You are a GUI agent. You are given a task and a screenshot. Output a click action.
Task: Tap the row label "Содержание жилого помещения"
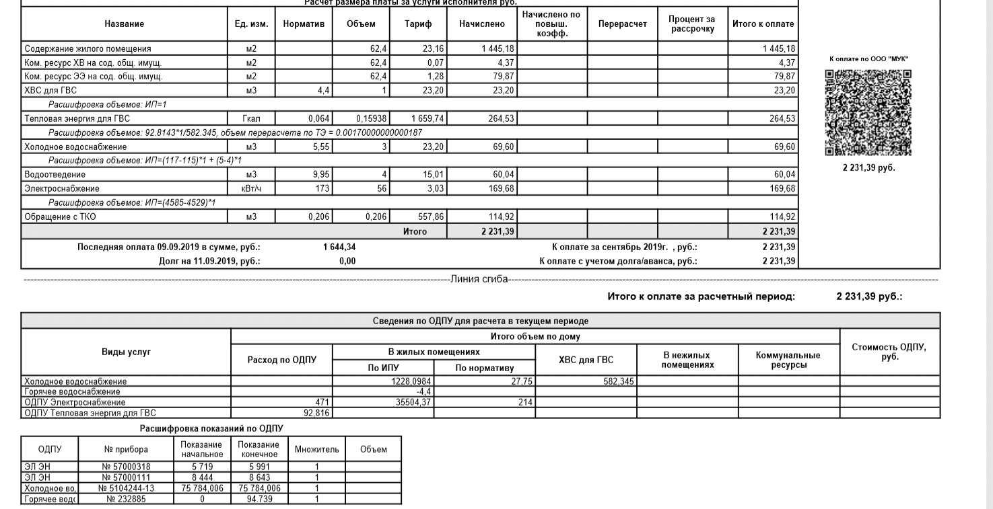pos(88,49)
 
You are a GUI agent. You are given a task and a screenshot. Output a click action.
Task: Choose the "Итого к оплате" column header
pos(763,24)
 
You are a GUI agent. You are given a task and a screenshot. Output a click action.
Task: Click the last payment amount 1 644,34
pos(339,247)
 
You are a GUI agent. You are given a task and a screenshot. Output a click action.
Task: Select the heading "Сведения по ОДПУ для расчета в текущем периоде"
pos(480,321)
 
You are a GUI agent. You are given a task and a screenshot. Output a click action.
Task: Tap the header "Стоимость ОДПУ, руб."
pos(889,350)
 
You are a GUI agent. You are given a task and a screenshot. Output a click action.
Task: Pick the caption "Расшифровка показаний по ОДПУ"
pos(211,428)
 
